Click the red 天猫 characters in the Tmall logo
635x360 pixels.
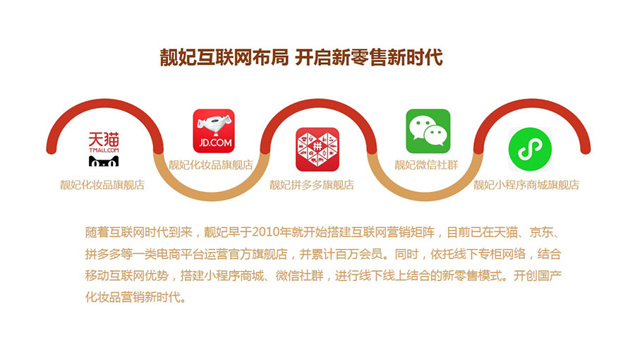(x=104, y=139)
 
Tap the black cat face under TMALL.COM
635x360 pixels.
(x=104, y=161)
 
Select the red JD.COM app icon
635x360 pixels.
(x=214, y=131)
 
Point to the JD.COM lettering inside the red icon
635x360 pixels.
(x=215, y=143)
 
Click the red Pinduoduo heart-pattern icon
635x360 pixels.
(x=317, y=150)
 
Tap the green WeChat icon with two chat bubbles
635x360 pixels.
(x=428, y=131)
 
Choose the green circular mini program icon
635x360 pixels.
(x=530, y=149)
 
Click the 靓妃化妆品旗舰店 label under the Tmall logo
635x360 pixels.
(x=102, y=185)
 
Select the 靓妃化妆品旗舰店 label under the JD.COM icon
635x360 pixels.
(x=211, y=164)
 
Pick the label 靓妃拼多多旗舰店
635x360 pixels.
(x=312, y=185)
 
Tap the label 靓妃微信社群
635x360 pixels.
(x=426, y=164)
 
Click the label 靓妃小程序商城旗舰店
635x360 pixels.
(x=526, y=185)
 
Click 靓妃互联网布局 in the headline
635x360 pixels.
(x=224, y=57)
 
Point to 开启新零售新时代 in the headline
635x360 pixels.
(x=368, y=57)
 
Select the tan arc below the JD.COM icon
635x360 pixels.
(x=212, y=196)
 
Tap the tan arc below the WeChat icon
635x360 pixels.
(x=425, y=196)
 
